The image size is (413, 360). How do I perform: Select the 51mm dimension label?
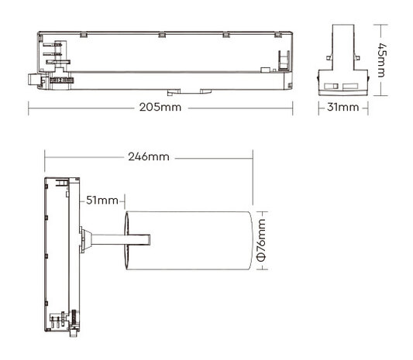click(103, 201)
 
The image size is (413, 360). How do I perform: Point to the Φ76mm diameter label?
click(261, 241)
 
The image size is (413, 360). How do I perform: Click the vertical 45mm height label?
click(380, 60)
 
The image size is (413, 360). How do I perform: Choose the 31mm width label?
click(343, 107)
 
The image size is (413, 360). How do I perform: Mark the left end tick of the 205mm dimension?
click(30, 107)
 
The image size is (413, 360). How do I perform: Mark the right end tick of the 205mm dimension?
click(296, 107)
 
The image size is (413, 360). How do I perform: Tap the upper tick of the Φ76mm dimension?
click(261, 210)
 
